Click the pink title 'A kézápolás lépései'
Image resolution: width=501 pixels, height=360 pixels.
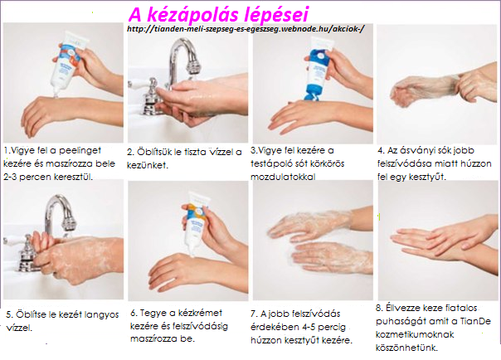(x=218, y=14)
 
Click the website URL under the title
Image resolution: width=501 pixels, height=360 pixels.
(x=246, y=29)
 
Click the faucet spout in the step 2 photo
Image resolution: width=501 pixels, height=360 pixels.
(x=184, y=54)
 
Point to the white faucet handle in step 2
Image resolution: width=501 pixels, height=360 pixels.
(x=142, y=84)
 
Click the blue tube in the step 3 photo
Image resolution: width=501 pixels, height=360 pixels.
(x=318, y=69)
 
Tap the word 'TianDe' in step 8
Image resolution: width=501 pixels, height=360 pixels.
(x=475, y=321)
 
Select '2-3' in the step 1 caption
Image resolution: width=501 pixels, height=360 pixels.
(x=10, y=177)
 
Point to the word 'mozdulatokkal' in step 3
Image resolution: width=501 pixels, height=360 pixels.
(x=283, y=177)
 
